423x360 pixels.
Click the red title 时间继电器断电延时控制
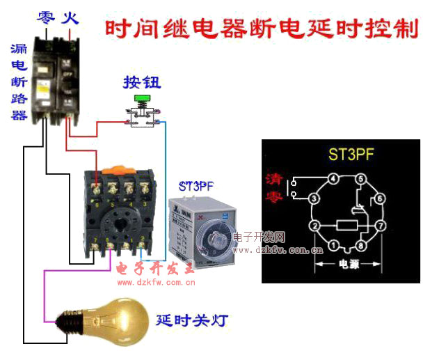tap(261, 30)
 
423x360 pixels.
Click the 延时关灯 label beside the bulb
tap(191, 321)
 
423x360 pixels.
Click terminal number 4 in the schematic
tap(333, 179)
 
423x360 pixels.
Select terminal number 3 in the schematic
tap(314, 198)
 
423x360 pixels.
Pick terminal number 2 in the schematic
tap(314, 226)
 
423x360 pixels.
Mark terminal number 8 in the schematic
tap(361, 245)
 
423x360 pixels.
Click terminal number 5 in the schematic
tap(361, 179)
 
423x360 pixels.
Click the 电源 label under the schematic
tap(348, 265)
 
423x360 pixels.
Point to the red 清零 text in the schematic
tap(274, 187)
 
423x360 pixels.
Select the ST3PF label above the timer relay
tap(199, 187)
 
